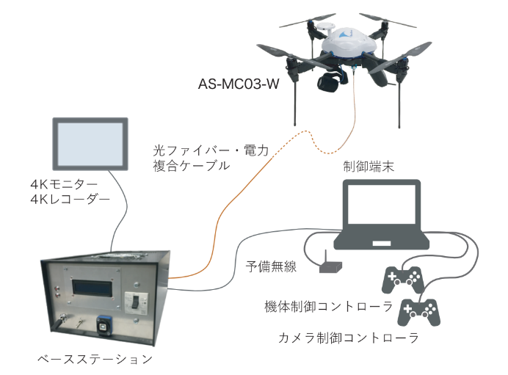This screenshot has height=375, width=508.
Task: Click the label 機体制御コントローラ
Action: [x=318, y=304]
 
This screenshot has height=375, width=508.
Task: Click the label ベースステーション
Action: [x=95, y=360]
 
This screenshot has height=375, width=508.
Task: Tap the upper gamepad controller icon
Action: [x=402, y=278]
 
